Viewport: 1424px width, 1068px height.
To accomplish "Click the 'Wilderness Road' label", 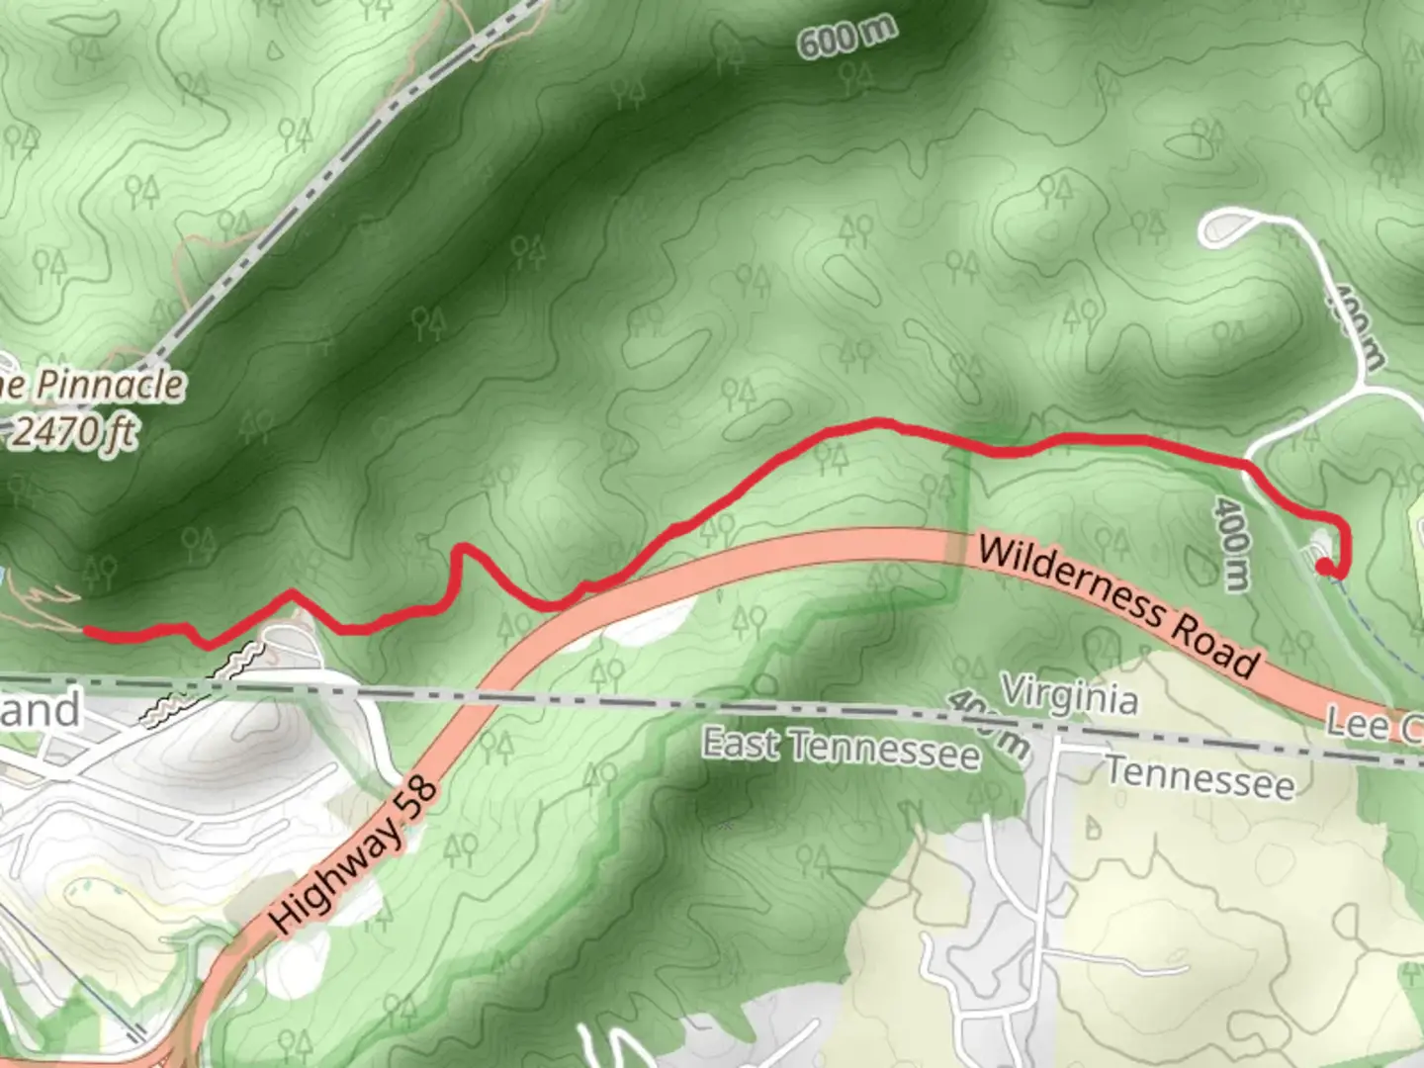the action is [1117, 606].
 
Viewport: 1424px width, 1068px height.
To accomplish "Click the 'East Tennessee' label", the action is [842, 750].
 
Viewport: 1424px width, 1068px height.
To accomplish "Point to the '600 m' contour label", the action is [845, 38].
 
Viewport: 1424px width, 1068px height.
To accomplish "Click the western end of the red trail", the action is [87, 630].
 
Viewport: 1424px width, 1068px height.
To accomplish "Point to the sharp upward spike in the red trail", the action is [461, 549].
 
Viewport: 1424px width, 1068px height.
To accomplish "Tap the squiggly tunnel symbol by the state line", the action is [238, 660].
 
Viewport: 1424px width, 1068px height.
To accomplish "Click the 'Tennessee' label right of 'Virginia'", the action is [1199, 777].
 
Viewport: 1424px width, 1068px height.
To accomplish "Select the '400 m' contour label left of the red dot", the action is [1232, 543].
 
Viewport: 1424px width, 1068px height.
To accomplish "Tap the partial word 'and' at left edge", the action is [40, 710].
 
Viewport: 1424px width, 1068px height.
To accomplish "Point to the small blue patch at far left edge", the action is [3, 576].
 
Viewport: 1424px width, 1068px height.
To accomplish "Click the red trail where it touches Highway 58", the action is [583, 589].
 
